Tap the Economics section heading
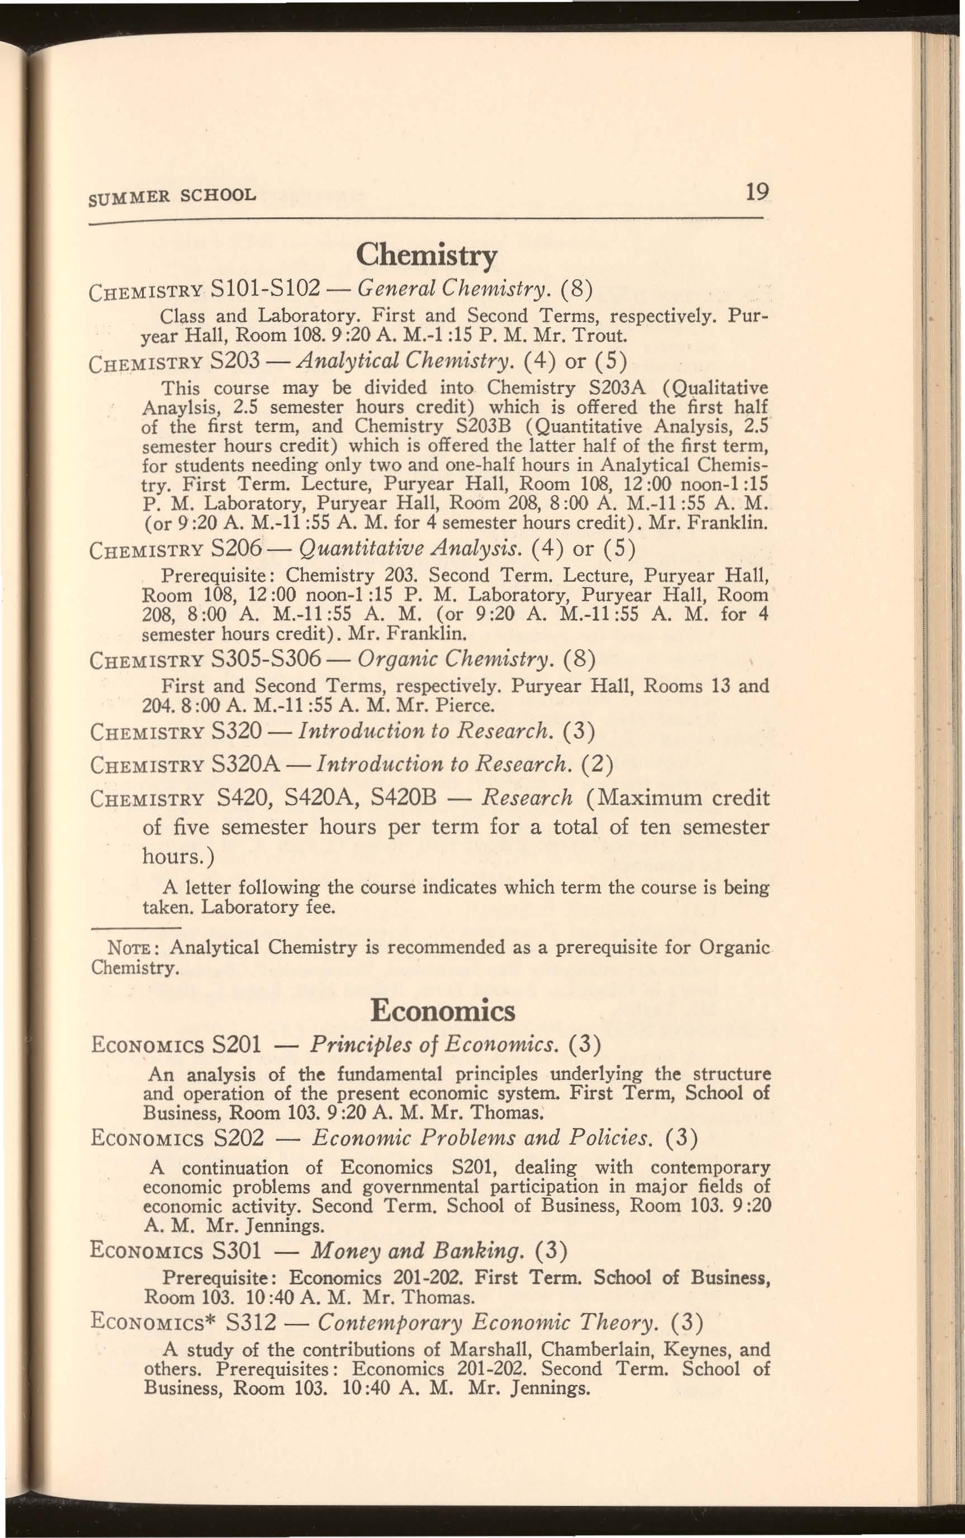click(443, 1010)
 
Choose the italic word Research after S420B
click(527, 798)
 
